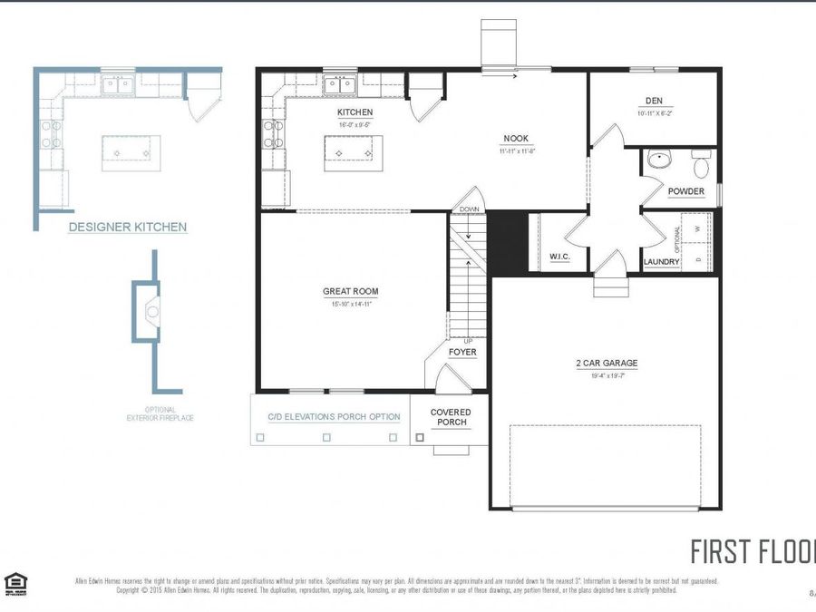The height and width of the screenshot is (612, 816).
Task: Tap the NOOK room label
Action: tap(517, 139)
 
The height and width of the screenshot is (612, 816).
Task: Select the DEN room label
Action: tap(654, 101)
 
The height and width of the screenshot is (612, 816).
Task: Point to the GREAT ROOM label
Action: tap(351, 291)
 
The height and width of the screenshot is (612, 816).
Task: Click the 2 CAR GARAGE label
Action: tap(607, 363)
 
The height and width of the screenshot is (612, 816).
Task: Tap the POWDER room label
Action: tap(685, 191)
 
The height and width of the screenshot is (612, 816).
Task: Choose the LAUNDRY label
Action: tap(661, 262)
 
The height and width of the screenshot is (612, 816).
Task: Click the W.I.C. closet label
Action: tap(559, 257)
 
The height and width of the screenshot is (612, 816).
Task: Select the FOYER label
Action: tap(462, 352)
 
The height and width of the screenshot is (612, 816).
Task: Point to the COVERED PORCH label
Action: tap(450, 417)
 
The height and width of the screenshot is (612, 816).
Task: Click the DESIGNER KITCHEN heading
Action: tap(128, 228)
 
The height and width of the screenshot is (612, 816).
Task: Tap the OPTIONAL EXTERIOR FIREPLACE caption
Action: tap(160, 414)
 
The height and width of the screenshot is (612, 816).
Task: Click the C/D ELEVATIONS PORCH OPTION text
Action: tap(334, 417)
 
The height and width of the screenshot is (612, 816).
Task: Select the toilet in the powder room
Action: tap(700, 166)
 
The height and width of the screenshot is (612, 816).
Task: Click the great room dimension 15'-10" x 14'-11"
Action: tap(351, 305)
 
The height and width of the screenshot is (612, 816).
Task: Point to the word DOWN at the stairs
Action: tap(469, 209)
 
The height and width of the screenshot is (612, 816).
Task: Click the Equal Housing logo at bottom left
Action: tap(15, 584)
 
